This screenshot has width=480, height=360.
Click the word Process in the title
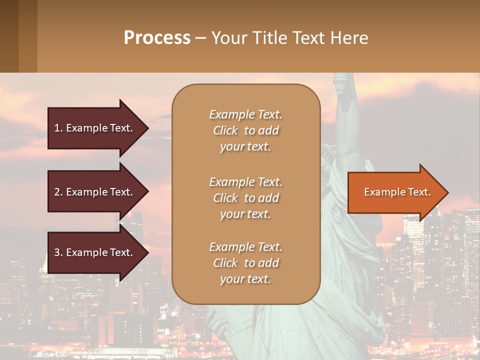click(157, 38)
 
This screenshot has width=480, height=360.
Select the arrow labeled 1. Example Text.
click(95, 128)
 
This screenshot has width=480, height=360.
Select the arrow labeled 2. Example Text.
click(95, 192)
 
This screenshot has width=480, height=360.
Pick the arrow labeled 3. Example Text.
click(95, 252)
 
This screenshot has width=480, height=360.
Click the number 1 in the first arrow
click(57, 128)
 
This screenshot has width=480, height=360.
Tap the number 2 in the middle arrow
click(57, 192)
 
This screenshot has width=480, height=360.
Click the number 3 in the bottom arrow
click(57, 252)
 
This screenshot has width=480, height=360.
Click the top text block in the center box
click(245, 130)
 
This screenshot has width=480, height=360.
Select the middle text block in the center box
click(245, 197)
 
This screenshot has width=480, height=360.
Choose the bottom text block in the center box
click(245, 263)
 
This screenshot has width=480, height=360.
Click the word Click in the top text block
click(225, 130)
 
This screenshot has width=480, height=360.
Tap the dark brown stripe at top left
click(9, 36)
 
